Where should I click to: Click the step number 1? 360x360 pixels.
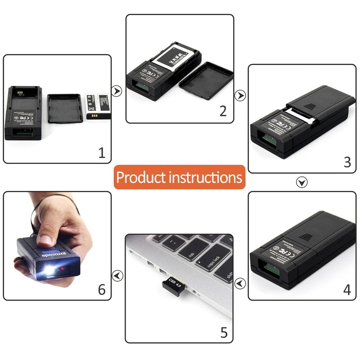click(102, 153)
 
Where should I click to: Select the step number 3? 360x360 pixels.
click(347, 162)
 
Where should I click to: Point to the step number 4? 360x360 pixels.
click(347, 289)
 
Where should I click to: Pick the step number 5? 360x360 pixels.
click(224, 333)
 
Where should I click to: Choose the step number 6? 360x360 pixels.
click(102, 289)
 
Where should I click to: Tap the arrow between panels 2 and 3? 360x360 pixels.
click(241, 95)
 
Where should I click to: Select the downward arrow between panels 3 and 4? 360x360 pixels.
click(302, 182)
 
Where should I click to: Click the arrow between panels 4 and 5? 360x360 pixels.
click(241, 283)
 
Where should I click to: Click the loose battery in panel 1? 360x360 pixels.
click(96, 106)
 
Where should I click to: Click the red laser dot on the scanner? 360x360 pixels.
click(63, 268)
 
